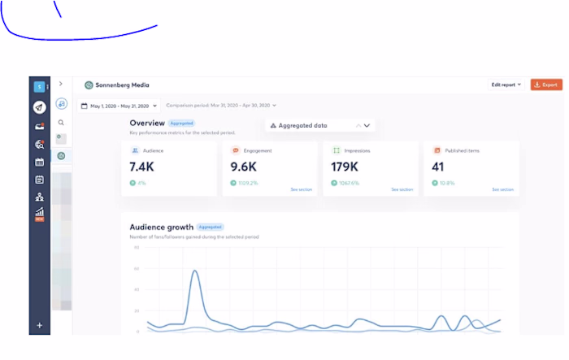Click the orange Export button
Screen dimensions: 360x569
(x=546, y=85)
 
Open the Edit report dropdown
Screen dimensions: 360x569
(x=506, y=85)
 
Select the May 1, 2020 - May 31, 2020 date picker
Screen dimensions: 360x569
(x=119, y=106)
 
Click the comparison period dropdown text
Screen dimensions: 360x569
(x=220, y=106)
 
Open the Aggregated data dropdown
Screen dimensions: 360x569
(x=320, y=126)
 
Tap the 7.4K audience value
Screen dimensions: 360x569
(x=141, y=167)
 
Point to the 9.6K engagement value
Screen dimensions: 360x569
(x=242, y=167)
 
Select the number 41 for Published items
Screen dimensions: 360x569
(x=439, y=167)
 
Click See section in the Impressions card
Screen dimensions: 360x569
(x=402, y=189)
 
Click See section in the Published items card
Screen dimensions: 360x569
(x=502, y=189)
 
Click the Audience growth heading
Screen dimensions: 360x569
(x=162, y=227)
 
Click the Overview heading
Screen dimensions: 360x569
(x=147, y=123)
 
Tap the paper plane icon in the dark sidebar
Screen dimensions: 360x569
(x=39, y=107)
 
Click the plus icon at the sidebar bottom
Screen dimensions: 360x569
(x=39, y=325)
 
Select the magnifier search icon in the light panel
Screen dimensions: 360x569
(x=61, y=123)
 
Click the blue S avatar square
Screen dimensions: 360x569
(x=38, y=86)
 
